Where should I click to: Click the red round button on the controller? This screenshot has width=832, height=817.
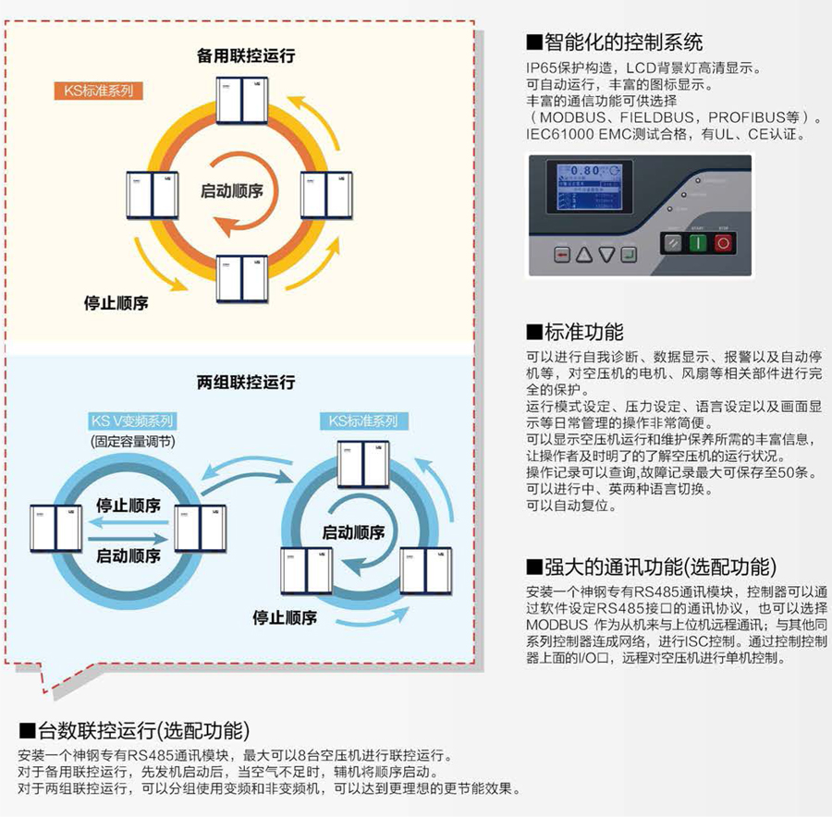[x=723, y=243]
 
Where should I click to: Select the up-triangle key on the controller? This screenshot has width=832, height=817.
[x=583, y=255]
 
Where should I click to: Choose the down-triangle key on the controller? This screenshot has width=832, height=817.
[x=606, y=255]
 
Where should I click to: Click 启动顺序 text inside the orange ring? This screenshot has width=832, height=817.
[x=232, y=190]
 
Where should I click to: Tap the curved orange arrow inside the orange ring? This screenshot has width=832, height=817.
[x=242, y=223]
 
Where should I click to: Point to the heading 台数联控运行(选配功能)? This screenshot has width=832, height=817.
[x=137, y=732]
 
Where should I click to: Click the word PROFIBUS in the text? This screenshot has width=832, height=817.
[x=745, y=117]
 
